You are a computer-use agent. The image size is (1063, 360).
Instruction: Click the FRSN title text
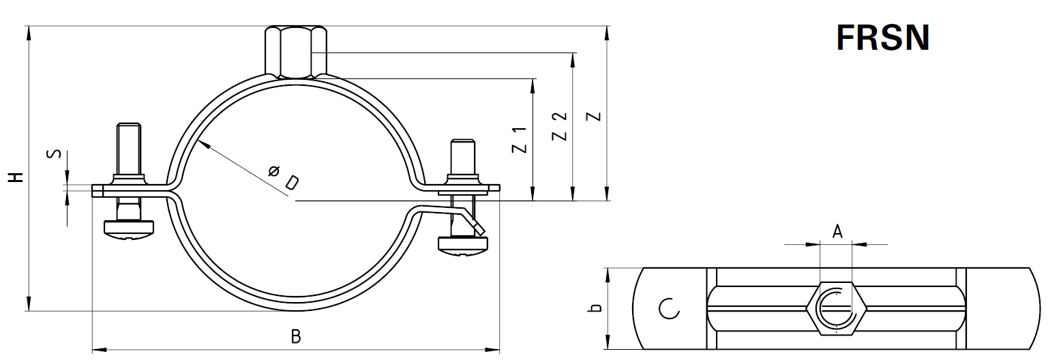click(883, 37)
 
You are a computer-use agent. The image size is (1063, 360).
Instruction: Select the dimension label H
click(16, 177)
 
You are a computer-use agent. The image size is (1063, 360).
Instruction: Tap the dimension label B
click(296, 337)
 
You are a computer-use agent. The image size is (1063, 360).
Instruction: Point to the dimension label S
click(55, 154)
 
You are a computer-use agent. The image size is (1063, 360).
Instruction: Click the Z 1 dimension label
click(520, 140)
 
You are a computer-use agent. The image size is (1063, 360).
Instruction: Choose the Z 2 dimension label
click(560, 127)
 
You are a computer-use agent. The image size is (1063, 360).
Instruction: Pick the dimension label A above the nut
click(837, 232)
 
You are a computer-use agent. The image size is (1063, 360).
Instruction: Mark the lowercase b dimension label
click(595, 307)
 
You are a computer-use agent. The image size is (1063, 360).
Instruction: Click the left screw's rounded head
click(130, 228)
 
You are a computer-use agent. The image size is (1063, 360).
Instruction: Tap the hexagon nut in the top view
click(836, 308)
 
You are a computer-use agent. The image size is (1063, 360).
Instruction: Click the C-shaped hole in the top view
click(669, 309)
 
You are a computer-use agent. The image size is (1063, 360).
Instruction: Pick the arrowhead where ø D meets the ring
click(202, 143)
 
